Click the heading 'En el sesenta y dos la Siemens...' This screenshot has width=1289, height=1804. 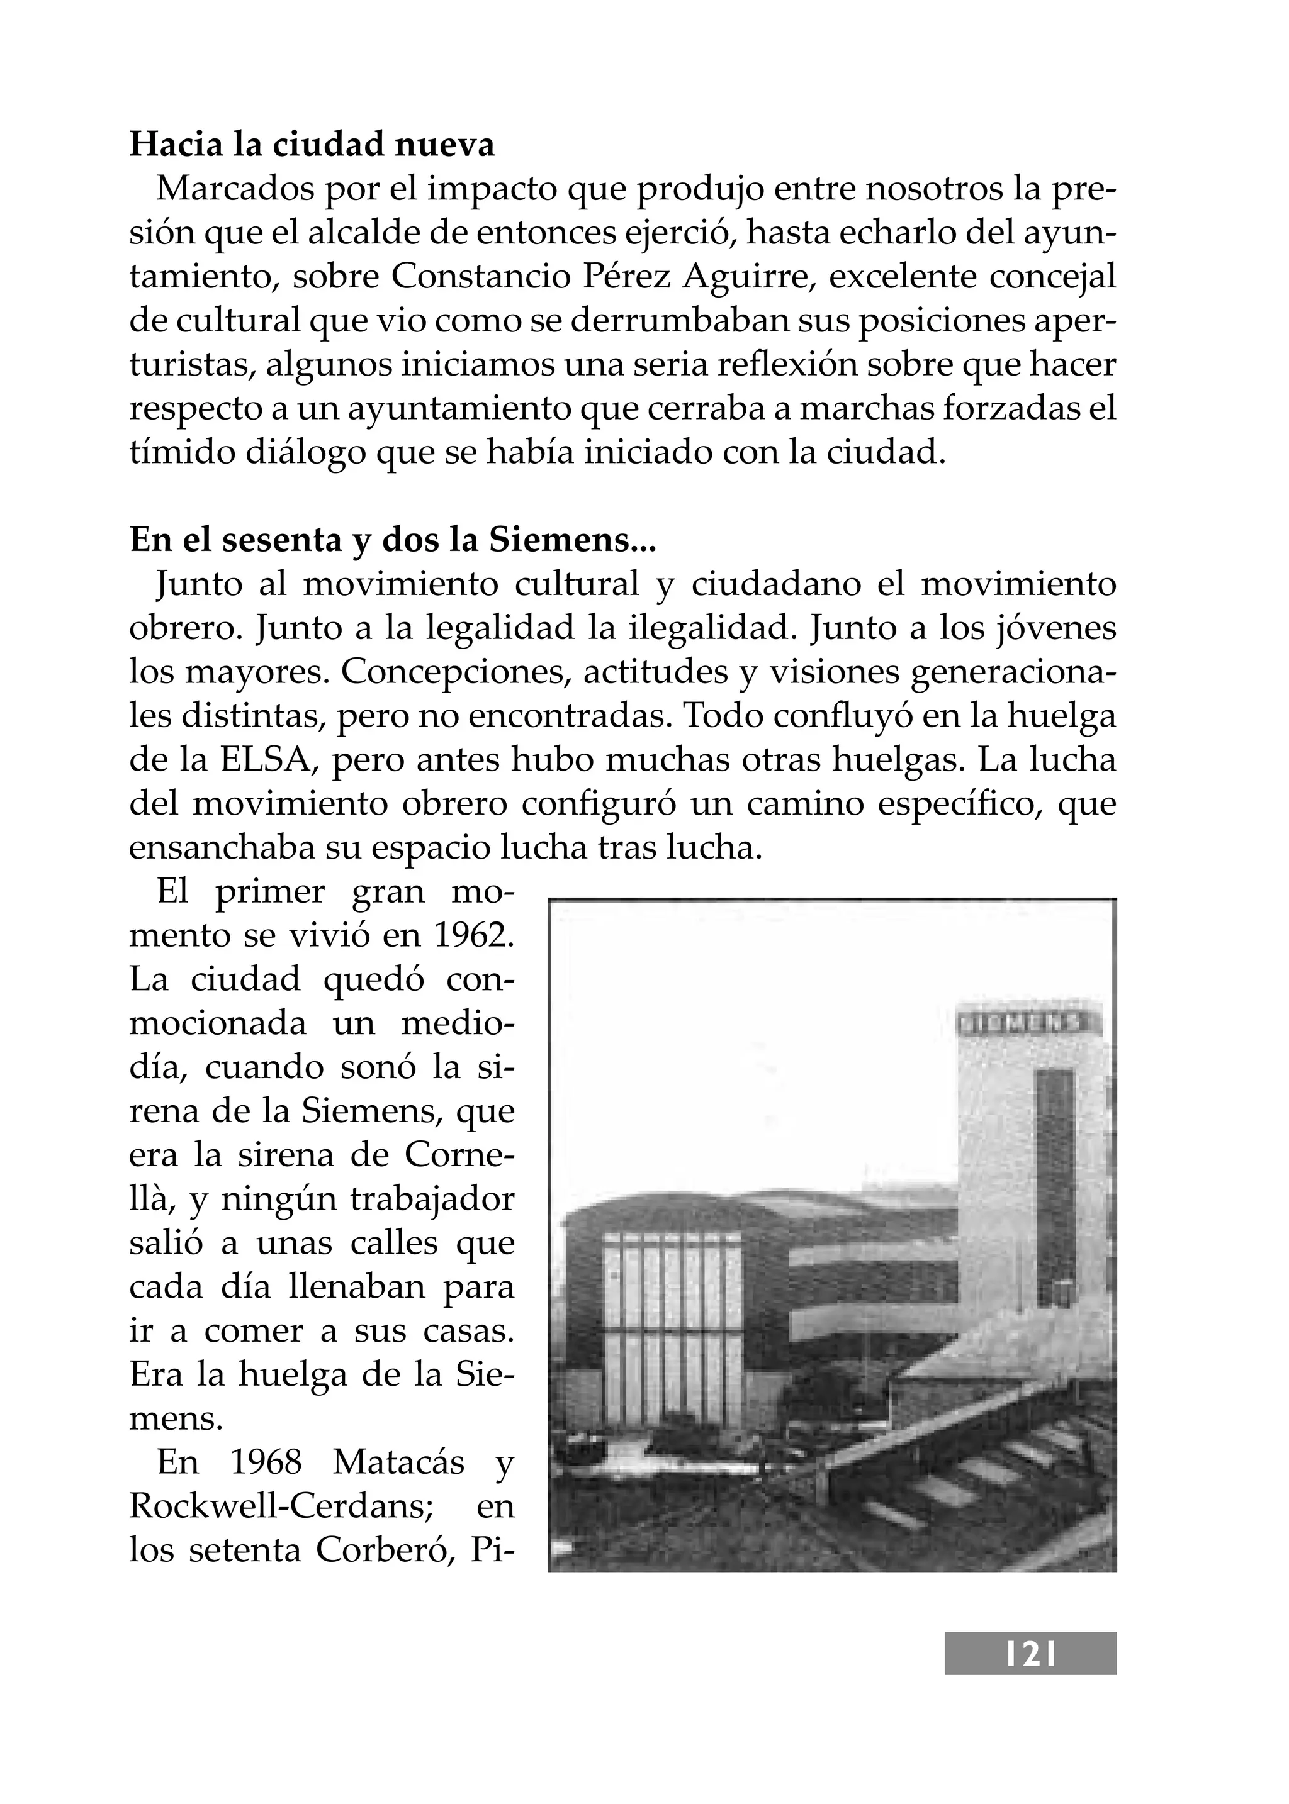click(x=392, y=541)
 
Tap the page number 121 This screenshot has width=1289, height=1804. click(x=1030, y=1654)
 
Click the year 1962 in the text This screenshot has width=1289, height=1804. click(x=473, y=936)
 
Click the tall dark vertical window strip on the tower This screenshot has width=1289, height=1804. click(x=1055, y=1190)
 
